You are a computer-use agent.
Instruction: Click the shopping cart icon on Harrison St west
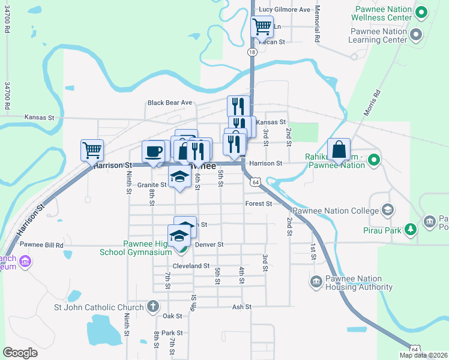pyautogui.click(x=92, y=150)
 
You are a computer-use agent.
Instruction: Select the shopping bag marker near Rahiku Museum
pyautogui.click(x=339, y=150)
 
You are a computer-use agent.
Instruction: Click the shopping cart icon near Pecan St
pyautogui.click(x=262, y=27)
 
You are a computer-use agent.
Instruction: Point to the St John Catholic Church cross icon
pyautogui.click(x=153, y=305)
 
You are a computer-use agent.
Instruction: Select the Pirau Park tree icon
pyautogui.click(x=411, y=229)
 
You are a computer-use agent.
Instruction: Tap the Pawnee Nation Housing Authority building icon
pyautogui.click(x=316, y=281)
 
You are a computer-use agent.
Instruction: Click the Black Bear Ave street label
pyautogui.click(x=169, y=103)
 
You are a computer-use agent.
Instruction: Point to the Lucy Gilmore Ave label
pyautogui.click(x=284, y=10)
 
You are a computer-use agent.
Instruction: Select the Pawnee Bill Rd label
pyautogui.click(x=41, y=245)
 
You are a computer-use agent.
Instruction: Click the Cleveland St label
pyautogui.click(x=190, y=266)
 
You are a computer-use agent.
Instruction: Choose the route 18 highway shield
pyautogui.click(x=252, y=52)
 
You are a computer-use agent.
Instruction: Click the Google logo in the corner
pyautogui.click(x=20, y=352)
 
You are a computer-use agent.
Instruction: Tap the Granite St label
pyautogui.click(x=151, y=185)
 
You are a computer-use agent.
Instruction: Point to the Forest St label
pyautogui.click(x=259, y=203)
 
